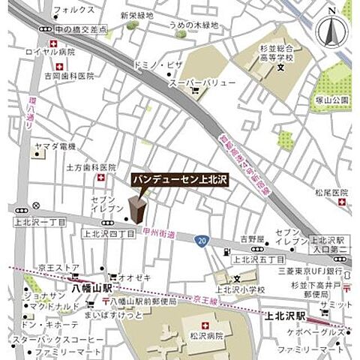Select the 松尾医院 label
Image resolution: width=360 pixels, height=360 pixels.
coord(331,192)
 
